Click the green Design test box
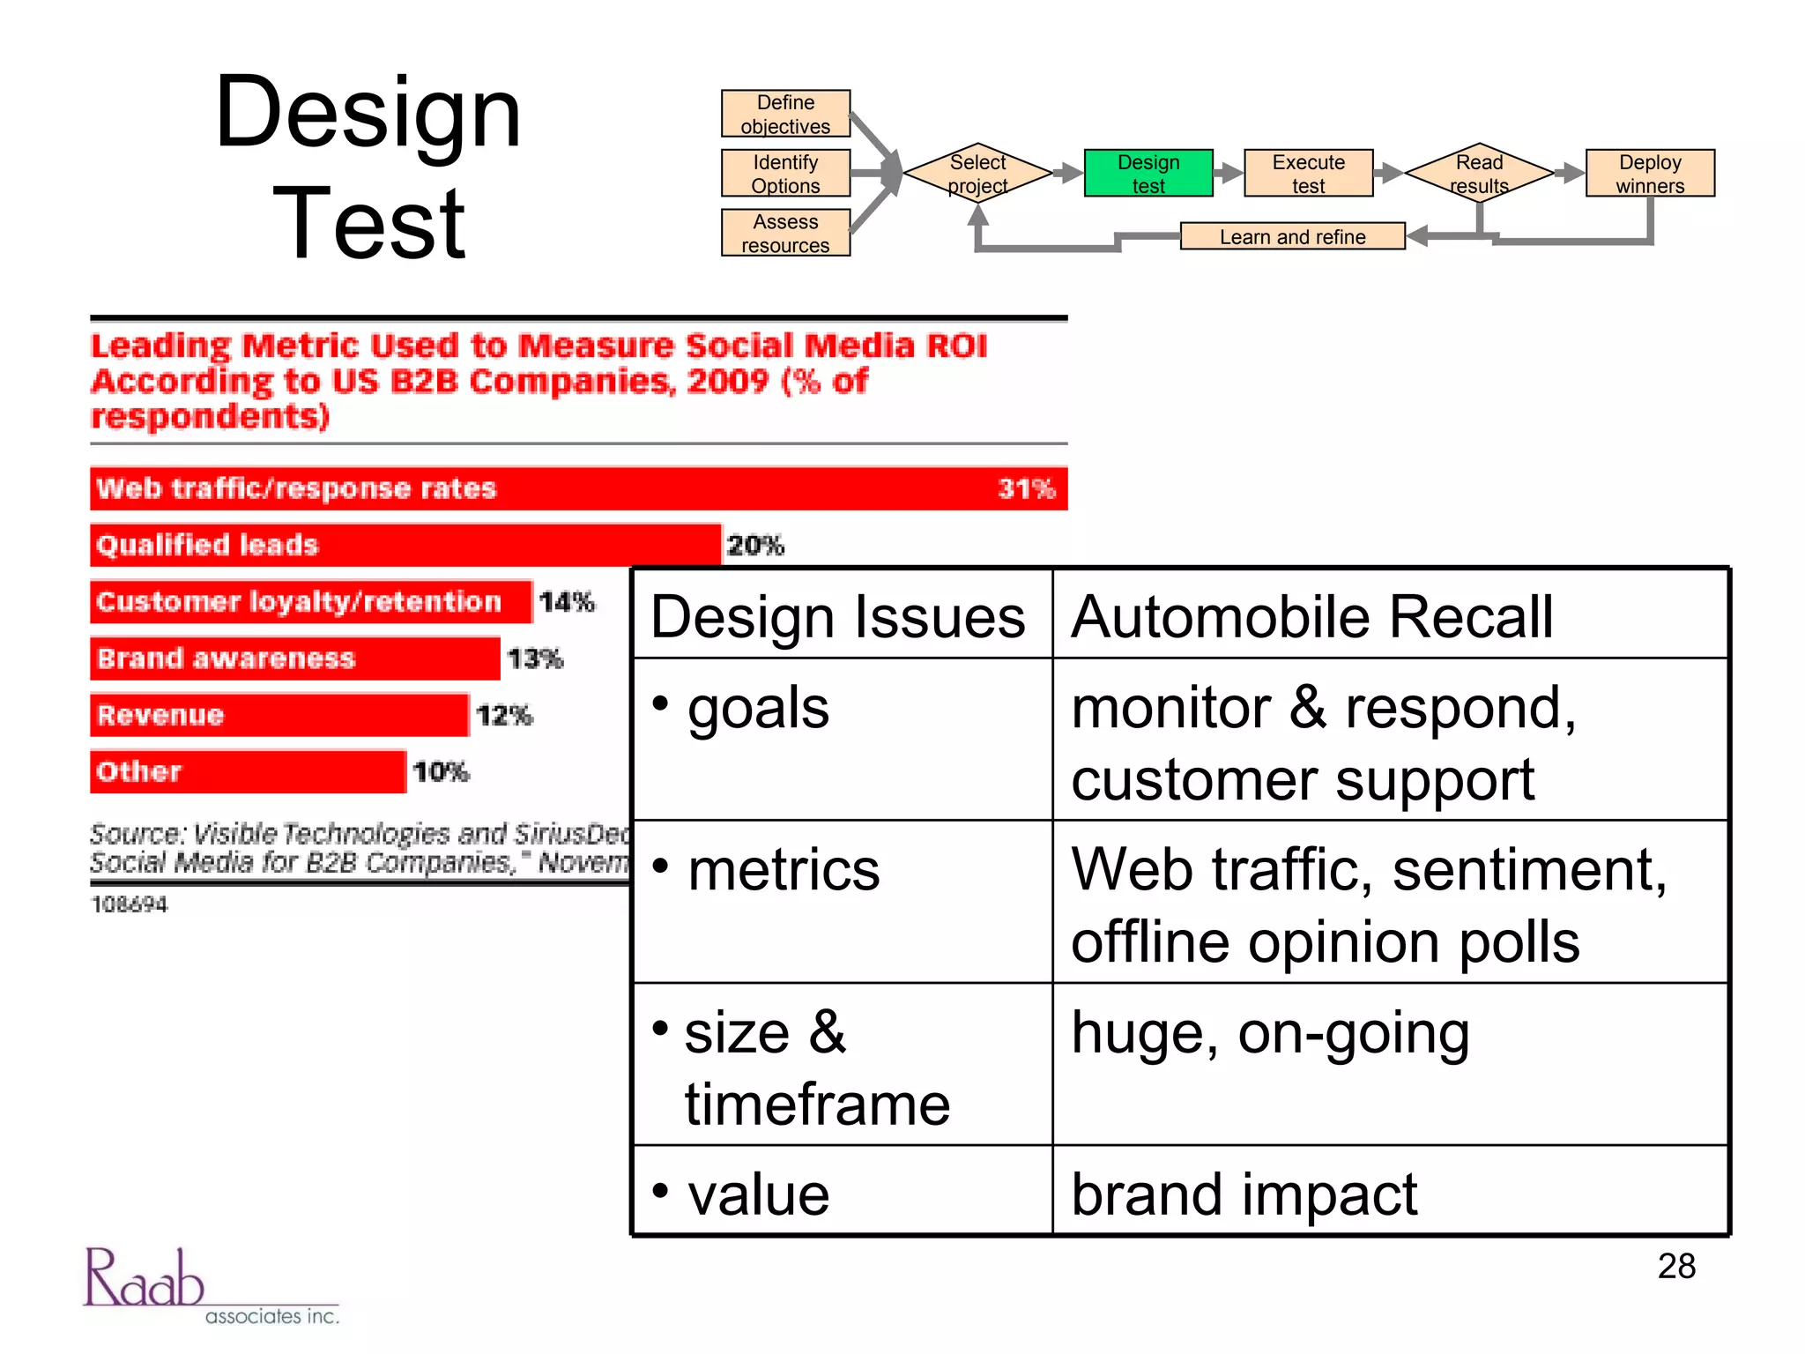click(1148, 173)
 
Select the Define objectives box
click(785, 114)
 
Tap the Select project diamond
click(977, 173)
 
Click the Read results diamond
click(1478, 173)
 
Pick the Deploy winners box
click(1649, 173)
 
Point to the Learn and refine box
click(1291, 236)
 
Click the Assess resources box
click(785, 233)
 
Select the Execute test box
click(1308, 173)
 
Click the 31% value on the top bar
click(1026, 488)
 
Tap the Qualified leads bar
click(405, 545)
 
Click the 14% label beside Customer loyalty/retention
click(567, 601)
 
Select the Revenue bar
click(279, 715)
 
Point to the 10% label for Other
click(441, 772)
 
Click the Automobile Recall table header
click(1311, 616)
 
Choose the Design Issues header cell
click(838, 616)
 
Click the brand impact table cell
click(1244, 1194)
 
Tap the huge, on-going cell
click(1270, 1032)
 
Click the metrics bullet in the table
click(783, 870)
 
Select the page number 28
click(1675, 1266)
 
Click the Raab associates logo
click(210, 1286)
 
